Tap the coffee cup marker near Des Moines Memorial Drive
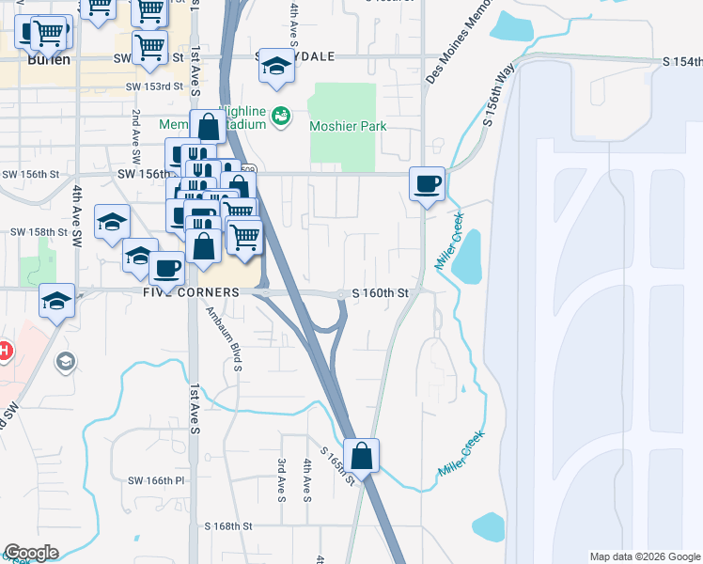(x=428, y=183)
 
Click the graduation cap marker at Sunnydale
(x=275, y=66)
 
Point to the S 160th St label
(x=380, y=293)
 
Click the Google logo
(x=31, y=553)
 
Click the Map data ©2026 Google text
(x=644, y=556)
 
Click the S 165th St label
(x=336, y=465)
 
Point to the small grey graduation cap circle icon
(x=65, y=361)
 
